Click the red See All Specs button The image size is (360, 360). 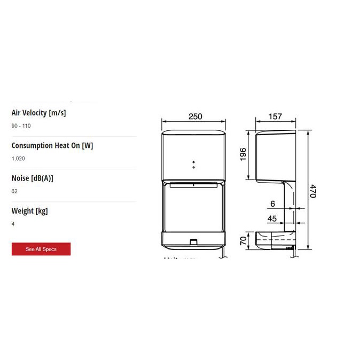click(41, 249)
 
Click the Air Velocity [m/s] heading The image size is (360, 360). click(38, 113)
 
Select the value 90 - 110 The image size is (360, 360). click(20, 126)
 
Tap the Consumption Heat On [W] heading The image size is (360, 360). click(52, 145)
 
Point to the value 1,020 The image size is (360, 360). click(18, 159)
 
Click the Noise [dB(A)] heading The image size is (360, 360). click(32, 178)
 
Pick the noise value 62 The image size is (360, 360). click(14, 191)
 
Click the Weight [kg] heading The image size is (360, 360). click(29, 211)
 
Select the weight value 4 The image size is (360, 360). click(13, 224)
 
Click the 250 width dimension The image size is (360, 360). click(195, 117)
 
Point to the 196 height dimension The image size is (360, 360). click(242, 155)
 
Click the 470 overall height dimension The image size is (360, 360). click(314, 191)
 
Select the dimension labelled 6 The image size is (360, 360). click(272, 204)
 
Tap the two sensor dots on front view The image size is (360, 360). click(193, 163)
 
